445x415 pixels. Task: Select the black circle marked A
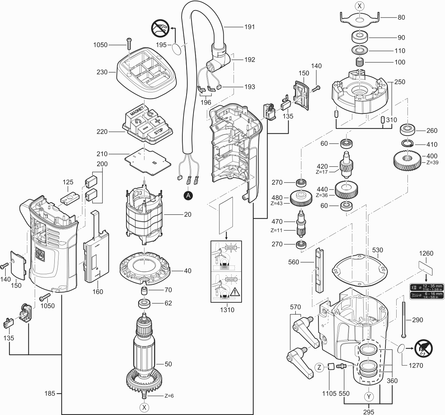pos(188,196)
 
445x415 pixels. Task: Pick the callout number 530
pos(377,250)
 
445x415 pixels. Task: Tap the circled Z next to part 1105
pos(319,368)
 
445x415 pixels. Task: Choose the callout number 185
pos(50,393)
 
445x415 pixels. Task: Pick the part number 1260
pos(426,253)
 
